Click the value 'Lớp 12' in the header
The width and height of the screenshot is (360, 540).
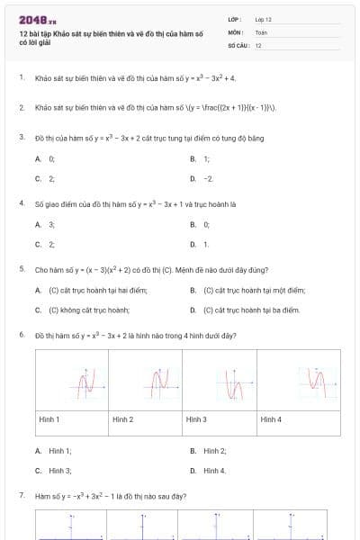click(x=263, y=19)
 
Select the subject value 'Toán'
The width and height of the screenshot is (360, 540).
click(x=261, y=31)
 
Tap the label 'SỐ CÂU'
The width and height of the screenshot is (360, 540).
click(x=237, y=44)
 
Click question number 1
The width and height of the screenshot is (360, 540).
click(x=21, y=78)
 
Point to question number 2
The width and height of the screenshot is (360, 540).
click(x=21, y=107)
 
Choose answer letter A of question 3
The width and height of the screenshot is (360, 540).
click(x=38, y=158)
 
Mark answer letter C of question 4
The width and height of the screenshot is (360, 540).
click(x=38, y=244)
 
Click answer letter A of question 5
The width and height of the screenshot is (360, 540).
click(x=38, y=290)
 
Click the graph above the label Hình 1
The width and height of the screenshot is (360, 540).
click(x=85, y=385)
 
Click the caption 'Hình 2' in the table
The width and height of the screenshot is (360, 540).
click(x=122, y=419)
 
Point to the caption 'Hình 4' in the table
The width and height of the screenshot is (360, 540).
click(x=271, y=419)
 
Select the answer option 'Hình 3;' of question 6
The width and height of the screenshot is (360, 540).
click(x=60, y=470)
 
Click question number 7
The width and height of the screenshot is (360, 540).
click(x=21, y=496)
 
